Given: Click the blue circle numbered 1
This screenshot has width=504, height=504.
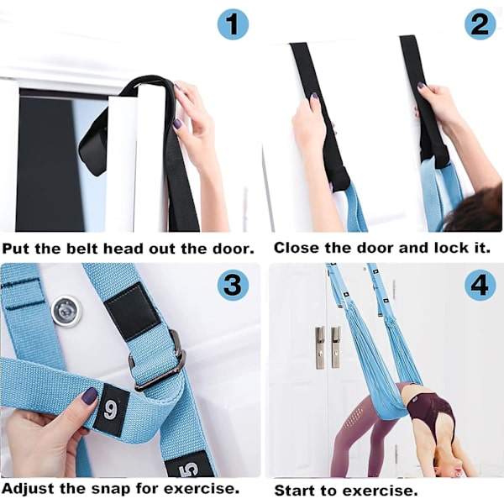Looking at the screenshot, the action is pos(233,24).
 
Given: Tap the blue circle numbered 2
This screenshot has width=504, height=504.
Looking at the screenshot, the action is pos(480,24).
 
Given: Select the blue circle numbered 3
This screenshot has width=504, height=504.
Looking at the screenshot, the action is pos(233,285).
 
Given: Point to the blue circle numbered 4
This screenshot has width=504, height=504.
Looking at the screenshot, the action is pos(480,285).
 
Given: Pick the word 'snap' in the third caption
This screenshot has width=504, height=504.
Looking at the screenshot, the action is pos(111,489).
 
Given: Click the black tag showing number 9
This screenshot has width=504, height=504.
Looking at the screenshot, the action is pos(111,411).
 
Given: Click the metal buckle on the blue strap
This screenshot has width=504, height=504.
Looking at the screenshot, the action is pos(158,360).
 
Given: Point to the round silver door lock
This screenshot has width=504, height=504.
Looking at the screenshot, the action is pos(66,311).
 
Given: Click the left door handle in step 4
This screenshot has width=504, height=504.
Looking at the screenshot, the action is pos(320,348).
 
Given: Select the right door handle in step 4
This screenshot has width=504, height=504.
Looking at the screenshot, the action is pos(335,347).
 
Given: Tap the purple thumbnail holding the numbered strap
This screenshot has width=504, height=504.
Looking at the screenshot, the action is pos(89,396).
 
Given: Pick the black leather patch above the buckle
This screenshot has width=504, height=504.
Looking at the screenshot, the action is pos(133,311).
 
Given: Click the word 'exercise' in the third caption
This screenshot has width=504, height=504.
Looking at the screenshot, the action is pos(202,489).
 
